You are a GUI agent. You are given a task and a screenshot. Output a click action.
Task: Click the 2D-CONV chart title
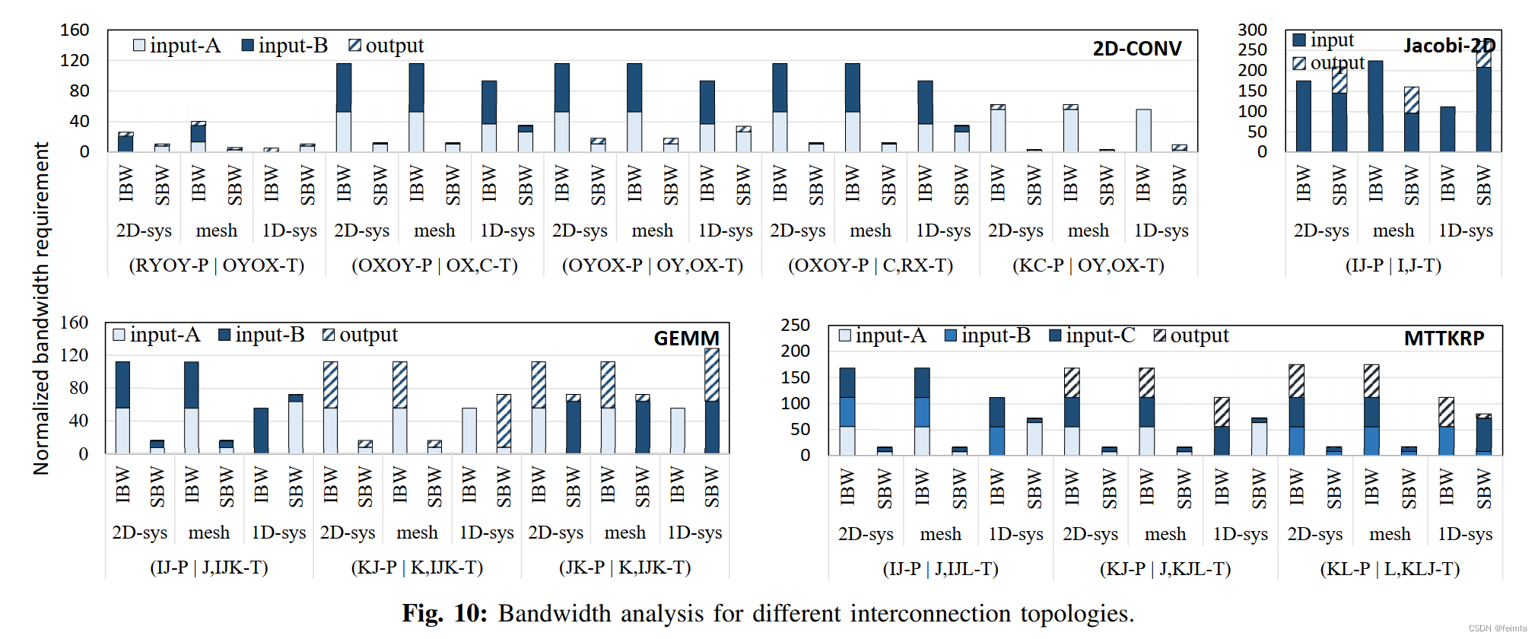point(1137,49)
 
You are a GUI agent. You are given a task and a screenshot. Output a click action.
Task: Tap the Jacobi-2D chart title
point(1449,46)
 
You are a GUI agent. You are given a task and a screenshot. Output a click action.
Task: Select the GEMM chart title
point(686,338)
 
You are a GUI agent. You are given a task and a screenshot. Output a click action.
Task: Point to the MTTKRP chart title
point(1444,339)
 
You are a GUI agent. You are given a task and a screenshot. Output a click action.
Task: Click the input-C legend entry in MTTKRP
point(1092,335)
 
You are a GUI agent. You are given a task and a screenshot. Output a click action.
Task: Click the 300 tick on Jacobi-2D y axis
point(1252,30)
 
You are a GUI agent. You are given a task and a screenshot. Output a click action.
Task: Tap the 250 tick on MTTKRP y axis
point(795,325)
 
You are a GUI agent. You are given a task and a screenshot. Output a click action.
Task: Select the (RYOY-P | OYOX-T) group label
point(217,265)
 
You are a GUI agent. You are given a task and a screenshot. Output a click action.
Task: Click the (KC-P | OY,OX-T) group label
point(1088,265)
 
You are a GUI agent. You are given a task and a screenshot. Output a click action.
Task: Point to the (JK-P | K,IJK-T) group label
point(624,567)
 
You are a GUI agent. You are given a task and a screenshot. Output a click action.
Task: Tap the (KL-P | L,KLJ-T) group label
point(1390,569)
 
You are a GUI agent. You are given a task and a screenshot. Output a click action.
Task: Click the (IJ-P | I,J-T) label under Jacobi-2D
point(1393,265)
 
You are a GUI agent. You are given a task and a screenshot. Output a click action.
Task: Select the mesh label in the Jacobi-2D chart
point(1393,230)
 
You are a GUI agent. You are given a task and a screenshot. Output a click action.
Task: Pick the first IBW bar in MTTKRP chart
point(847,412)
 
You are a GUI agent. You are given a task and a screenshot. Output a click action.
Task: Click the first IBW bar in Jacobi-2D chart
point(1303,116)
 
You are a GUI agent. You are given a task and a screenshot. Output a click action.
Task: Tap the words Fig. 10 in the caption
point(444,613)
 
